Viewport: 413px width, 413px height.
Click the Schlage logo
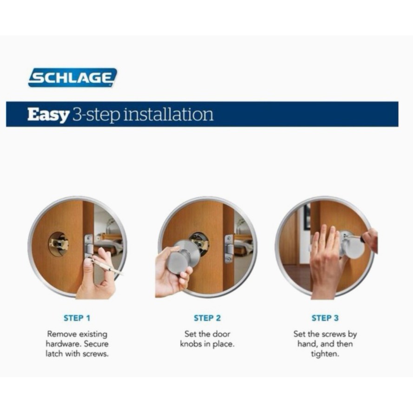(x=72, y=78)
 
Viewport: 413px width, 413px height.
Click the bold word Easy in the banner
(x=48, y=115)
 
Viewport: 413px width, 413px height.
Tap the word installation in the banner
(x=169, y=114)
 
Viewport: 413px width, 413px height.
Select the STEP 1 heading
(x=77, y=318)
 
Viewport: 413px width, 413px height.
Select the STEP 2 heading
(x=207, y=318)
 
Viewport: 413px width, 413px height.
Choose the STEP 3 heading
(x=325, y=318)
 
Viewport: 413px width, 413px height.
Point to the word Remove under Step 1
(x=62, y=334)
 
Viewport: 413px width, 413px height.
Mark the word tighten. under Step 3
(x=325, y=354)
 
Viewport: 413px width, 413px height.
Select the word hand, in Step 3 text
(x=308, y=344)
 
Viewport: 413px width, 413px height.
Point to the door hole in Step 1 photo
(x=59, y=243)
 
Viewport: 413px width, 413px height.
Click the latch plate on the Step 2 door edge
(x=229, y=249)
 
